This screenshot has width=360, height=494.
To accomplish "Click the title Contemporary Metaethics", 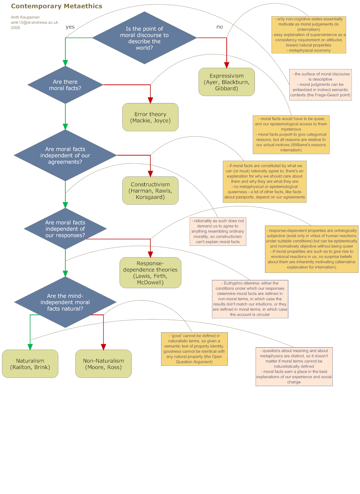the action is tap(57, 6).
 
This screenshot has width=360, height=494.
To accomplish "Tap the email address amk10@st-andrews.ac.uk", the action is tap(34, 22).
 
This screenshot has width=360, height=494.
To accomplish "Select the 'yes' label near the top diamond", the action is tap(70, 27).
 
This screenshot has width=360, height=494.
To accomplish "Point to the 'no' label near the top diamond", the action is tap(219, 27).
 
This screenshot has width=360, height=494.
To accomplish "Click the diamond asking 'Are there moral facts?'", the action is tap(65, 85).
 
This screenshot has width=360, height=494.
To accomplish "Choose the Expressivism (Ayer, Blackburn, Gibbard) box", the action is tap(226, 82).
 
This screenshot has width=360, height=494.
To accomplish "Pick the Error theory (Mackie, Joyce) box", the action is tap(150, 117).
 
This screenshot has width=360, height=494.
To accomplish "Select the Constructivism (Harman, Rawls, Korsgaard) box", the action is tap(150, 191).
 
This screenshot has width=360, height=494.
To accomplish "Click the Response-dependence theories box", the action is tap(150, 272).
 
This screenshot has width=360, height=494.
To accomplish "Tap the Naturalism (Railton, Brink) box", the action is tap(30, 364).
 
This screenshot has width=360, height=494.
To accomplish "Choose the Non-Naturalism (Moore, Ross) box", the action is tap(103, 364).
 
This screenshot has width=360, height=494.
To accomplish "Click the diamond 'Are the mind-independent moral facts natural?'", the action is tap(65, 302).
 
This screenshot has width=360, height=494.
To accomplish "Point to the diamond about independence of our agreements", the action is tap(65, 155).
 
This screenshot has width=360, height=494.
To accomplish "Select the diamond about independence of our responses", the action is tap(65, 229).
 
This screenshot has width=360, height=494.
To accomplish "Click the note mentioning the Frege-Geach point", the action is tap(320, 85).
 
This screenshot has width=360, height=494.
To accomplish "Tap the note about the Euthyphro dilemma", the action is tap(250, 299).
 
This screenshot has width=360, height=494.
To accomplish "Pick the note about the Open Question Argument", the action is tap(194, 349).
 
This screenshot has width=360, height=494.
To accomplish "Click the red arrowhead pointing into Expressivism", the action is tap(226, 65).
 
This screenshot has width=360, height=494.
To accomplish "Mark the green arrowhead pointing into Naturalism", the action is tap(30, 347).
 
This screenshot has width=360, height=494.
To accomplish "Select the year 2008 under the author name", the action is tap(15, 27).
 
